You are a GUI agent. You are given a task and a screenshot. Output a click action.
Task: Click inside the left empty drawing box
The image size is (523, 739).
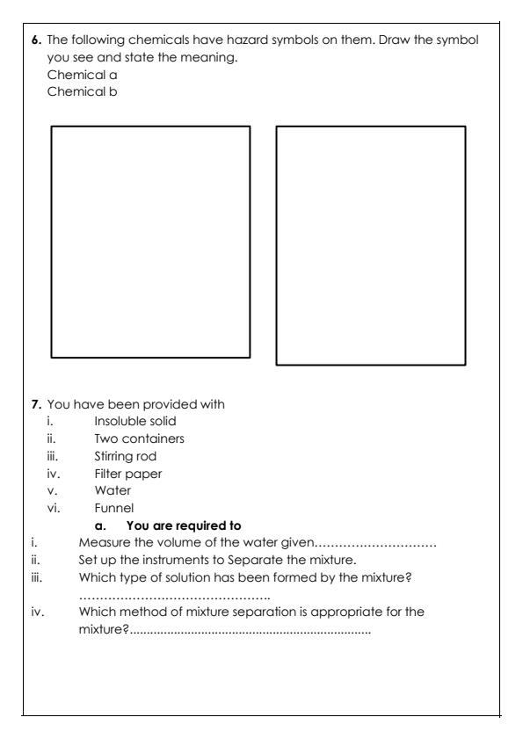pos(150,242)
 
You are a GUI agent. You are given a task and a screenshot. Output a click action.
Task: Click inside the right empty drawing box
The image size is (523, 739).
pos(371,245)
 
